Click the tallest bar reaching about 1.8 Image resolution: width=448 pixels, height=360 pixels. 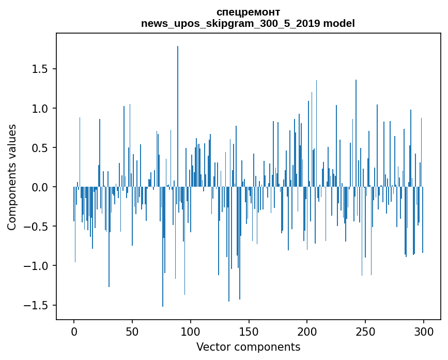[x=178, y=116]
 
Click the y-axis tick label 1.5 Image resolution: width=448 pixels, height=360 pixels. [x=40, y=69]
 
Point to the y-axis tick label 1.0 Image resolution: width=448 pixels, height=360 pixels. [x=40, y=109]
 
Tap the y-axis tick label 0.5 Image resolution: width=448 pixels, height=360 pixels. [x=40, y=148]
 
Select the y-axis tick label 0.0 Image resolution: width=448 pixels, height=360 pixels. [x=40, y=187]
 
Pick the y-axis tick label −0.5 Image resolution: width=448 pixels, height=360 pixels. [x=36, y=227]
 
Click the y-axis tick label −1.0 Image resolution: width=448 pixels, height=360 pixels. [x=36, y=266]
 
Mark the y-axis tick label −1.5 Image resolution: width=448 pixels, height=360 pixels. [x=36, y=305]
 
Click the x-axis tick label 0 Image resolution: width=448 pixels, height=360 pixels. [x=74, y=332]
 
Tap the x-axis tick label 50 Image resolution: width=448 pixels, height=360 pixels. [x=132, y=332]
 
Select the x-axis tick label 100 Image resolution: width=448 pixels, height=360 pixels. [x=191, y=332]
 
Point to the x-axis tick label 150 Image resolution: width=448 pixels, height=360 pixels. [x=249, y=332]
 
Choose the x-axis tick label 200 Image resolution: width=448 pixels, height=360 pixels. [x=307, y=332]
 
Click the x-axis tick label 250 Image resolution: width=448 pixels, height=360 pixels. [x=365, y=332]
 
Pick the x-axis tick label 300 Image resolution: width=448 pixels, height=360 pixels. [x=424, y=332]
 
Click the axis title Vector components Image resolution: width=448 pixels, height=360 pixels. [x=248, y=347]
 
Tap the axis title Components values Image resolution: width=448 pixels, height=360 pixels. [x=12, y=177]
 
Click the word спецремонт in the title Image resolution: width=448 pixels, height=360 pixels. [x=248, y=12]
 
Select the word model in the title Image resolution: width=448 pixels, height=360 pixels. [x=339, y=23]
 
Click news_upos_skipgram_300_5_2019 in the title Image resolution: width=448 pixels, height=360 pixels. [x=231, y=23]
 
